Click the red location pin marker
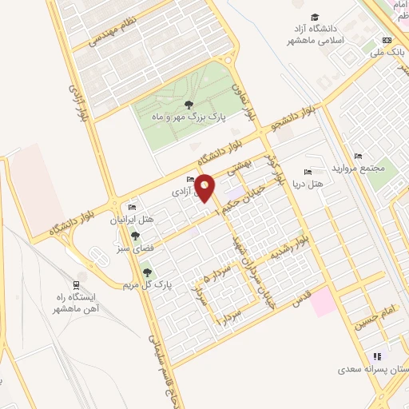tap(205, 187)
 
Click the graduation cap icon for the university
tap(316, 18)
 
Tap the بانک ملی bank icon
tap(387, 40)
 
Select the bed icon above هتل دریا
tap(308, 173)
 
